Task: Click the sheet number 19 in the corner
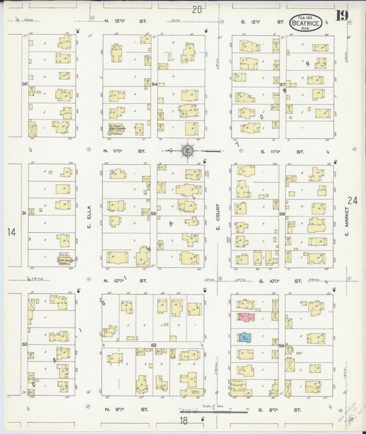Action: click(341, 14)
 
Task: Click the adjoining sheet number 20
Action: click(197, 10)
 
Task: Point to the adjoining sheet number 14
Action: click(11, 232)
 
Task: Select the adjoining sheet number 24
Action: click(352, 201)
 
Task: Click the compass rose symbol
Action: click(186, 149)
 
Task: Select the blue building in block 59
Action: click(244, 337)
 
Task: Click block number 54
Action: click(155, 84)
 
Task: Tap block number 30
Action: click(25, 84)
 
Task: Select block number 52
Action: click(154, 343)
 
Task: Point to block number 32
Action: click(25, 343)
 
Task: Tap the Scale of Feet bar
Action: click(217, 411)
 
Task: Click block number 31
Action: click(24, 213)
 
